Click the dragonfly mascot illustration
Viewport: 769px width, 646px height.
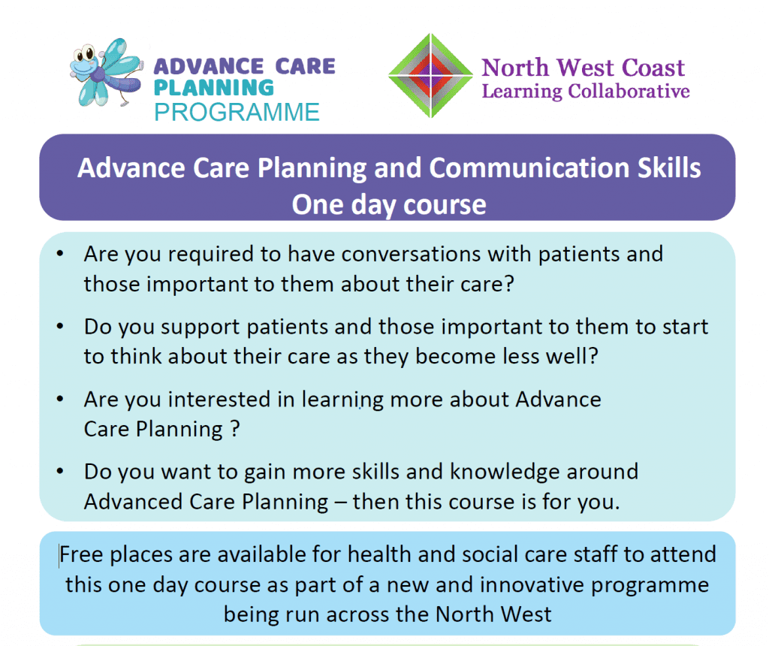105,73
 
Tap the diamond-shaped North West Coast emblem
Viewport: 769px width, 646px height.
430,76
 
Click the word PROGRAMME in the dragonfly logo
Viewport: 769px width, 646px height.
237,113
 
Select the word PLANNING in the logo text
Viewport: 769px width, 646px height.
214,89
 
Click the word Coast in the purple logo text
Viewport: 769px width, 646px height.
653,68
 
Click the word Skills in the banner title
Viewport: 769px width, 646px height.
669,168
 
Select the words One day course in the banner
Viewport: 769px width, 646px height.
389,204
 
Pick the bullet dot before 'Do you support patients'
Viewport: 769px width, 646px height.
60,326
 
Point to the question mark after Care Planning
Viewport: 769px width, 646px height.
235,429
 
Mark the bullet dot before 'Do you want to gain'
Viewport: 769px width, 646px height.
60,472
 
